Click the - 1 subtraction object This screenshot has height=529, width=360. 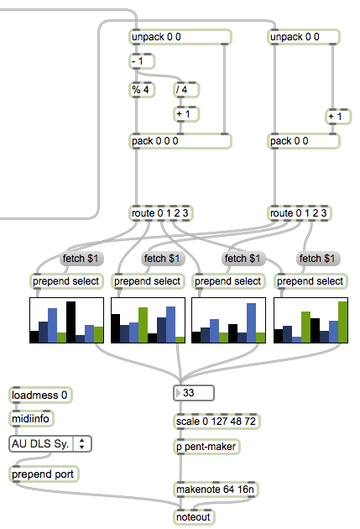pos(142,61)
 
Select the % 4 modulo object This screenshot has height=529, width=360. pos(142,90)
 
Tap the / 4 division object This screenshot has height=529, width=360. pos(186,90)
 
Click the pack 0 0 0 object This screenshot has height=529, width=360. pos(180,141)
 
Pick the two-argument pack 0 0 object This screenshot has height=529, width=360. pos(304,141)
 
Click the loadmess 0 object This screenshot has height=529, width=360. pos(40,395)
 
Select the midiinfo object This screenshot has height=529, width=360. pos(31,419)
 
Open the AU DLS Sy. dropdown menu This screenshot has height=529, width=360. pos(50,443)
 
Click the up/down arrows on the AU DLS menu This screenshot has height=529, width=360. pos(82,443)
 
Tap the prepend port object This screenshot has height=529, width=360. pos(44,474)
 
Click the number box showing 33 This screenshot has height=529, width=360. pos(194,393)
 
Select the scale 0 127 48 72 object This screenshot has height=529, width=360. pos(217,422)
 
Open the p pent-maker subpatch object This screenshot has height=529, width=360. pos(206,447)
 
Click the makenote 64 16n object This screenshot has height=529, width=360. pos(216,490)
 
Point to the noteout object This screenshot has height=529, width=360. pos(194,517)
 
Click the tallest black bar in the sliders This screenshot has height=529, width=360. pos(70,322)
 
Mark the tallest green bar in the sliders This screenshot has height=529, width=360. pos(343,322)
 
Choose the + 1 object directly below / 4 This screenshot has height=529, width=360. pos(186,114)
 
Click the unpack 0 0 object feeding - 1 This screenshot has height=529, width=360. pos(180,37)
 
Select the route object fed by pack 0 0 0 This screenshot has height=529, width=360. pos(161,213)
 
